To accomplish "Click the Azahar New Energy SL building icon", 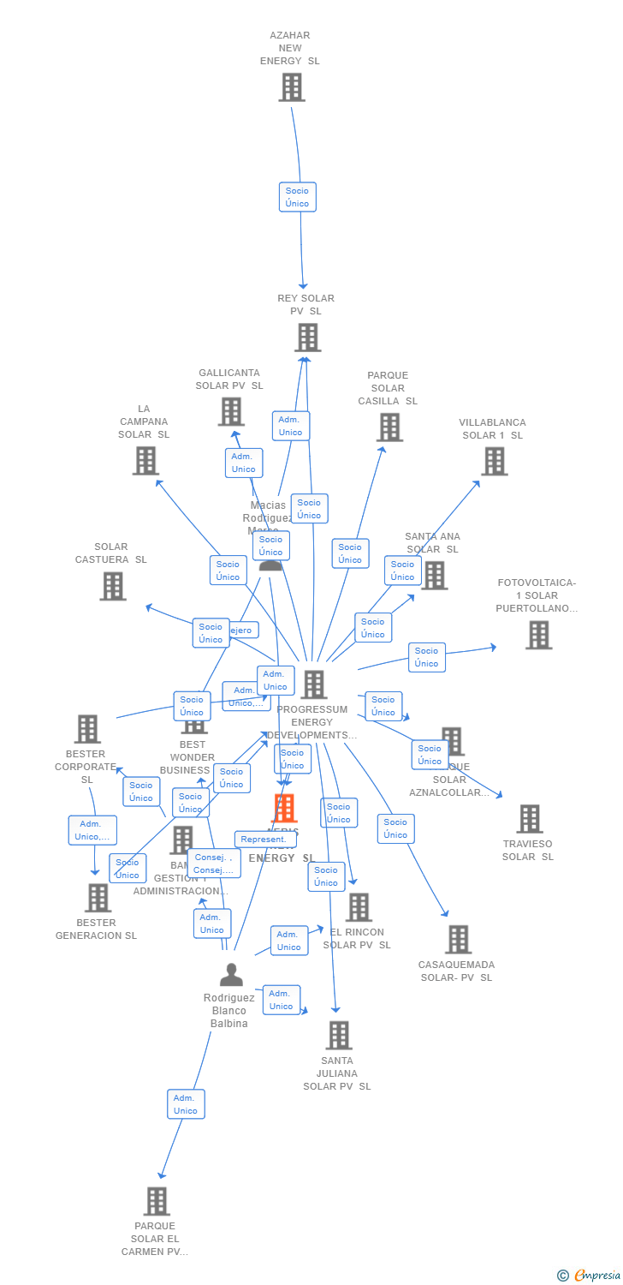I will coord(292,87).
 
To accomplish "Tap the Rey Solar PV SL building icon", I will coord(308,338).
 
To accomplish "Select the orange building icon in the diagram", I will coord(284,808).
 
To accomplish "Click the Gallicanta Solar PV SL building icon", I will coord(231,412).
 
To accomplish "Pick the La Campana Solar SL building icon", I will coord(145,461).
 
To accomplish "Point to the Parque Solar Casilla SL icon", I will coord(389,427).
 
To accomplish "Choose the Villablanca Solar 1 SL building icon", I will coord(494,462).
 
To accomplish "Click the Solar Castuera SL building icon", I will coord(113,586).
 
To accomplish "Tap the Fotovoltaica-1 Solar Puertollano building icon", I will coord(538,635).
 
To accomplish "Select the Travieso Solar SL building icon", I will coord(530,819).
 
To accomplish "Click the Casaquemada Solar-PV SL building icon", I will coord(459,940).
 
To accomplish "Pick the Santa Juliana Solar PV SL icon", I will coord(339,1036).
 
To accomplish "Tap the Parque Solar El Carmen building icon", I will coord(157,1201).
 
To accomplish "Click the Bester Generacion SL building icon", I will coord(98,898).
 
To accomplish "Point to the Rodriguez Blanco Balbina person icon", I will coord(231,975).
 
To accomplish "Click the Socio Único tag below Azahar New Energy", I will coord(298,197).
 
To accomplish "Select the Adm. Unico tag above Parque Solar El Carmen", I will coord(186,1104).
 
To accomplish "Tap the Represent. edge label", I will coord(264,840).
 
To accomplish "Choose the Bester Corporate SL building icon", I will coord(87,729).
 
